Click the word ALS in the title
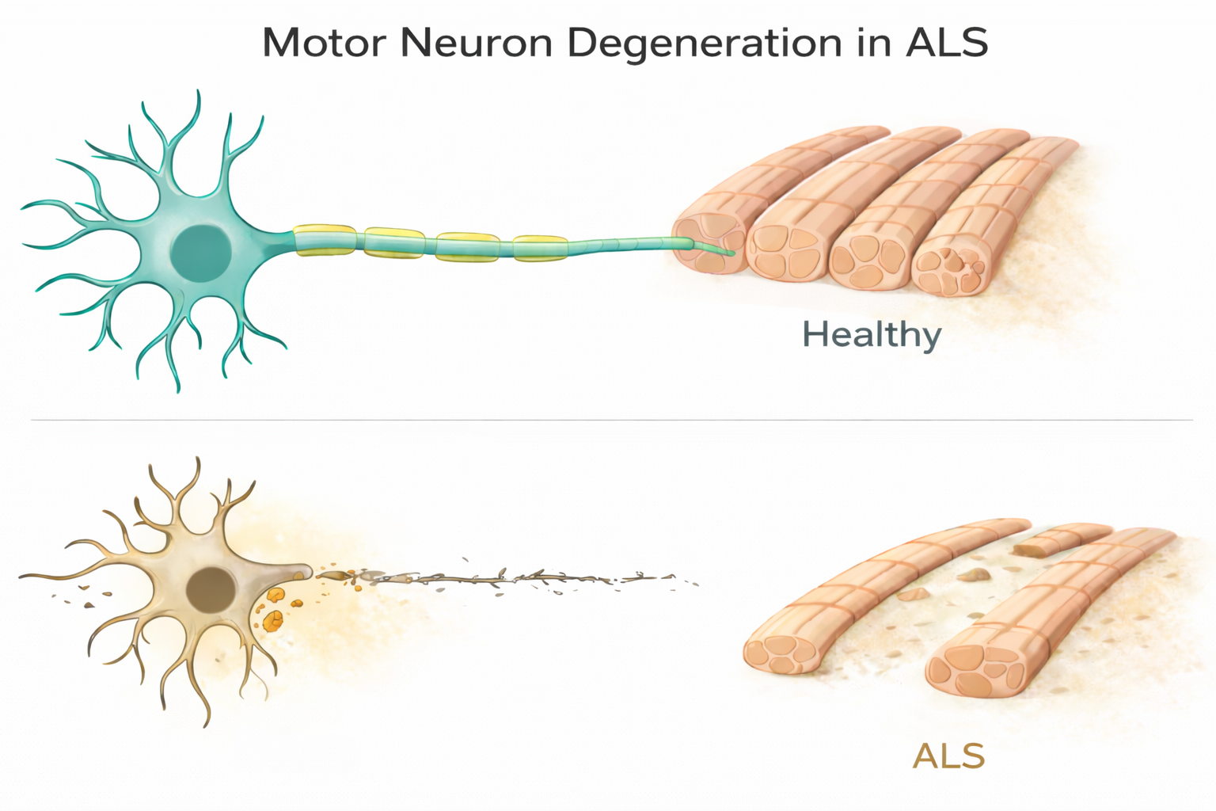[x=946, y=43]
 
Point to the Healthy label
[x=872, y=335]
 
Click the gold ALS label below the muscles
[x=948, y=756]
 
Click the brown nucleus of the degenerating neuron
[x=211, y=591]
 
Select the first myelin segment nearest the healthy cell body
[x=325, y=241]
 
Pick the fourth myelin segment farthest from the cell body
[x=540, y=248]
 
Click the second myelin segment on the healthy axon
[x=394, y=243]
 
